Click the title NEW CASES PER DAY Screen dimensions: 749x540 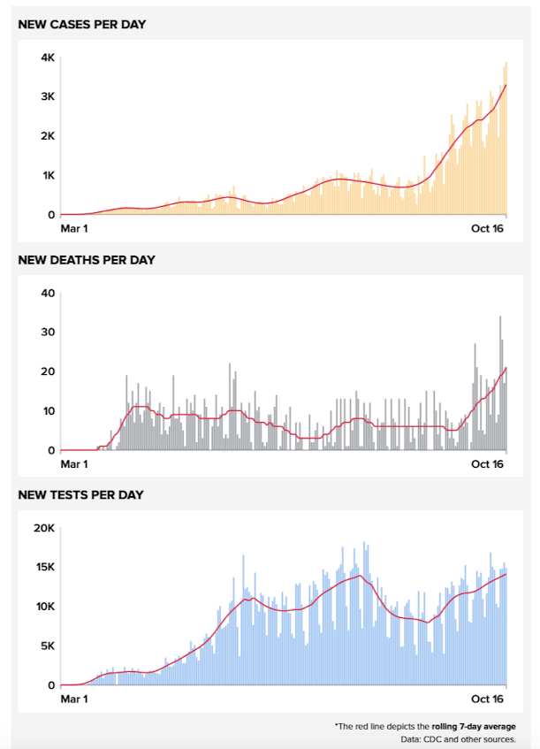[82, 24]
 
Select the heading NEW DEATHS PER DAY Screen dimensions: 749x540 [87, 260]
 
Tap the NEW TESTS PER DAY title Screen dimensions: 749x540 [81, 494]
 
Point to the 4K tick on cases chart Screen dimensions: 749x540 [48, 57]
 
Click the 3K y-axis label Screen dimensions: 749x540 [48, 96]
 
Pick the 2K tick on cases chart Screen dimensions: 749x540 [48, 136]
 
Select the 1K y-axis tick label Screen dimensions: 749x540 [48, 175]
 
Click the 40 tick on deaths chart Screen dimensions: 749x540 [48, 294]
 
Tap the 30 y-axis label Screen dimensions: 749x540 [48, 332]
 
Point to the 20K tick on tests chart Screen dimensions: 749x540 [44, 528]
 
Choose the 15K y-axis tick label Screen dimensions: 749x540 [44, 567]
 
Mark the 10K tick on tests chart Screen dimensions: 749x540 [44, 607]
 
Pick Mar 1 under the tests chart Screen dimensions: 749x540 [74, 699]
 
